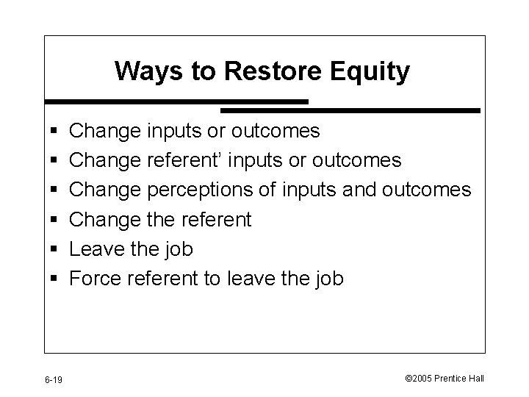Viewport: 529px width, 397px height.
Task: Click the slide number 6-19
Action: [x=53, y=379]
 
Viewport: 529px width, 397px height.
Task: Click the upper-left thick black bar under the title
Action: [x=176, y=101]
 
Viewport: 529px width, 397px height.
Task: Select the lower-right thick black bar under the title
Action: [x=350, y=110]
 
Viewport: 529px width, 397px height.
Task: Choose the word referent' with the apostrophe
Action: [x=176, y=161]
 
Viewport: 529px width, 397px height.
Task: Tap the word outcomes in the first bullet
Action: [x=276, y=132]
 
